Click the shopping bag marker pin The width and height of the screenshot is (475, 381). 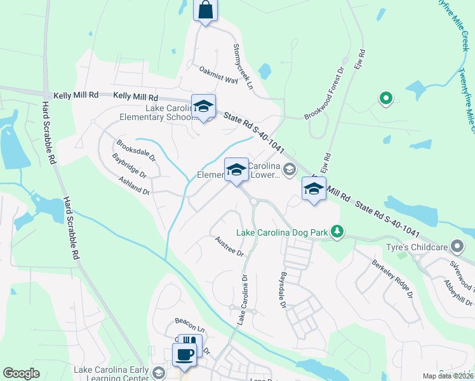(205, 11)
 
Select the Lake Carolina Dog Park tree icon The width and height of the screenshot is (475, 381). (338, 232)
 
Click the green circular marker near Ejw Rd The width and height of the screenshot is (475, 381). (384, 98)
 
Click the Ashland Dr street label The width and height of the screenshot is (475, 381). (133, 185)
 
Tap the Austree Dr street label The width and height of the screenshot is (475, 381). (229, 246)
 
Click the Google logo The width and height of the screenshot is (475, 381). (21, 373)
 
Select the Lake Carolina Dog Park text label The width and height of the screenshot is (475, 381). (282, 232)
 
